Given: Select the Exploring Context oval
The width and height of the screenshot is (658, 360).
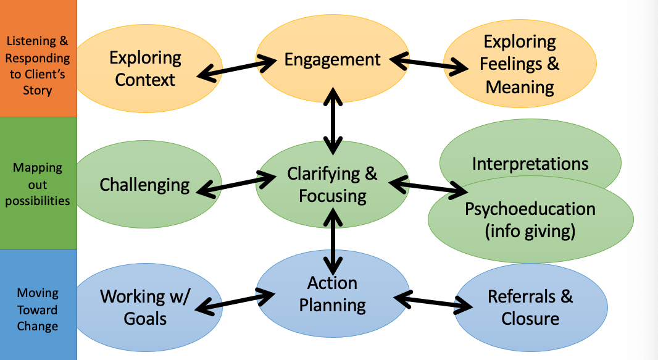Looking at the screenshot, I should pyautogui.click(x=145, y=69).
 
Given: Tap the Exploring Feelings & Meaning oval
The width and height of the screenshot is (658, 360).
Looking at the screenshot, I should pyautogui.click(x=520, y=64).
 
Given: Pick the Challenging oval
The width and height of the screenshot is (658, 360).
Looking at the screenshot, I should pyautogui.click(x=145, y=184).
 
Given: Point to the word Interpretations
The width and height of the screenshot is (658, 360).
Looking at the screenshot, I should pyautogui.click(x=530, y=164).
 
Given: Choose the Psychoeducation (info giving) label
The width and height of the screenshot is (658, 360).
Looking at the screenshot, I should pyautogui.click(x=530, y=219).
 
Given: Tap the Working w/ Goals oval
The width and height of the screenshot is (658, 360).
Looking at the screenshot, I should pyautogui.click(x=145, y=307).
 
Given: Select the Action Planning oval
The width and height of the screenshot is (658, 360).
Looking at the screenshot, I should pyautogui.click(x=332, y=294).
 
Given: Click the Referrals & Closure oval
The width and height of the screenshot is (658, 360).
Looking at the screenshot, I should pyautogui.click(x=530, y=307).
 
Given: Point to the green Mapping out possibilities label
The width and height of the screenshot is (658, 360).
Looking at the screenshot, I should pyautogui.click(x=38, y=184).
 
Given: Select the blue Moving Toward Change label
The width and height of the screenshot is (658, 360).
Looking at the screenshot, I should pyautogui.click(x=38, y=309).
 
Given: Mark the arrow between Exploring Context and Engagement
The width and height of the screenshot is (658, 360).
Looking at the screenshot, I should pyautogui.click(x=236, y=68).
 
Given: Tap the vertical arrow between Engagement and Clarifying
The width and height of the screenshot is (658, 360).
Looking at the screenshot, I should pyautogui.click(x=333, y=121).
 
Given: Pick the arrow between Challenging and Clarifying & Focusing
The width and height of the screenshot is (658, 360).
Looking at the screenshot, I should pyautogui.click(x=236, y=185).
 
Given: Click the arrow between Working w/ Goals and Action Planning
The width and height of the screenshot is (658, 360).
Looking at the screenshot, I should pyautogui.click(x=236, y=301).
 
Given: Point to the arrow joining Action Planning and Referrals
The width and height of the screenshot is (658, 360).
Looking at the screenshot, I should pyautogui.click(x=432, y=301).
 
